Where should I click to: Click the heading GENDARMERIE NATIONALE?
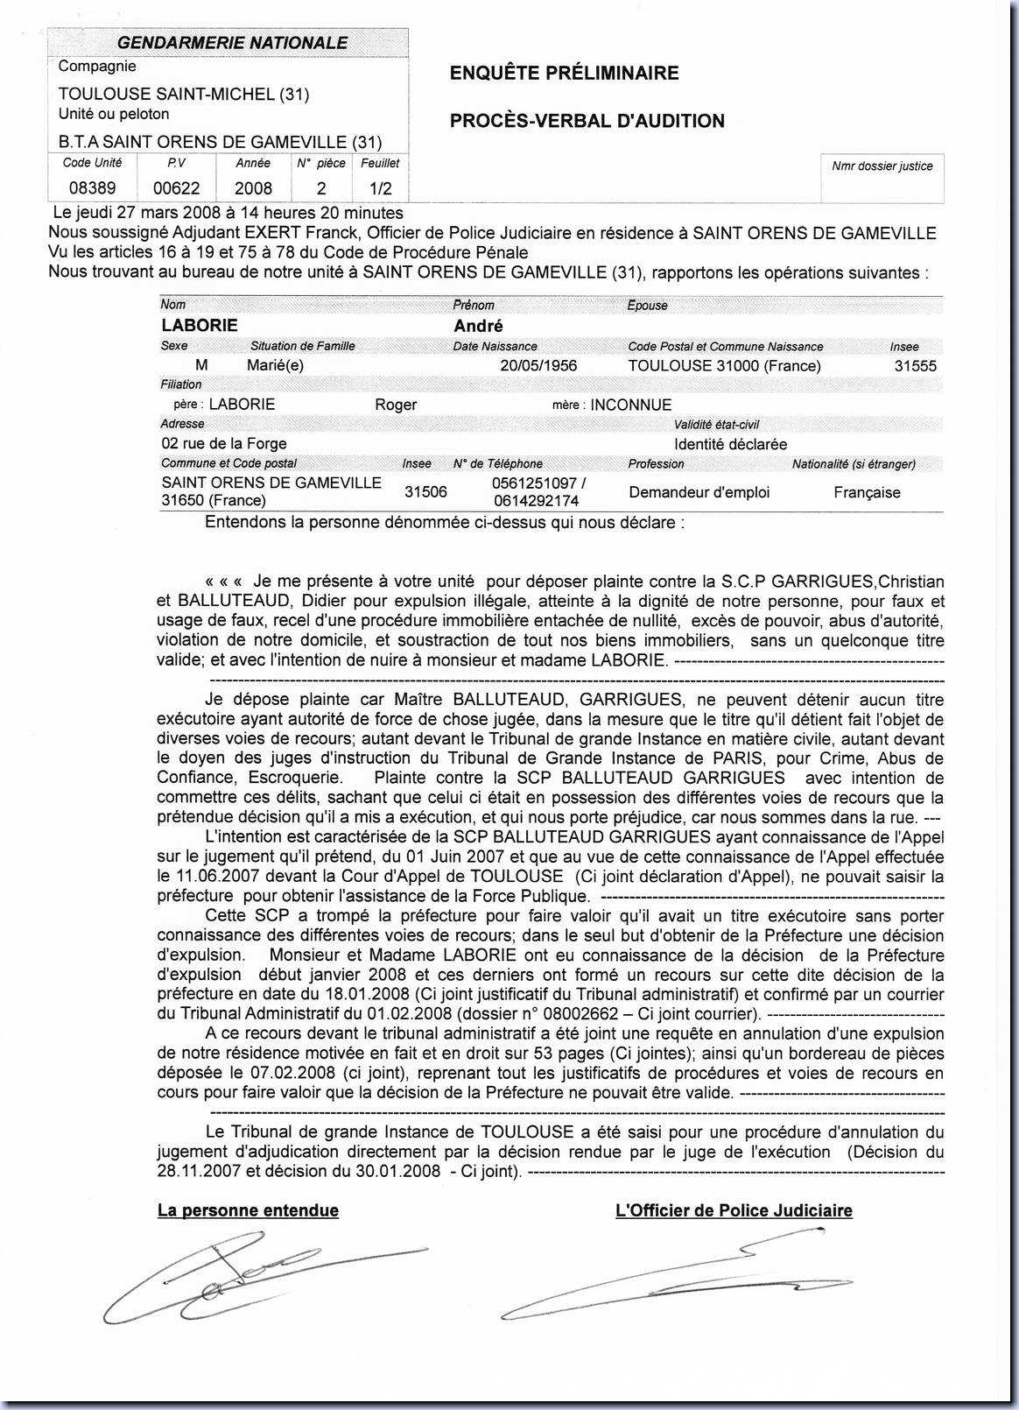[232, 43]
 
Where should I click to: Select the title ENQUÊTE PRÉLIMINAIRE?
[564, 74]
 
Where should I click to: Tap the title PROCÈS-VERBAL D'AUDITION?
[587, 121]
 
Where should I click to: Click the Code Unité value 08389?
[92, 188]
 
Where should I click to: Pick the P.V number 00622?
[177, 188]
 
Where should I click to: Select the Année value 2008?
[253, 188]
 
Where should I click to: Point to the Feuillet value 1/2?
[381, 188]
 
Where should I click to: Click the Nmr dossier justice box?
[882, 178]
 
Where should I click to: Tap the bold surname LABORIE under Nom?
[200, 326]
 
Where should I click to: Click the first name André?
[478, 326]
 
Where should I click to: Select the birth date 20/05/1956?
[538, 366]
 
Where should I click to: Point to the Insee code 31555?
[915, 366]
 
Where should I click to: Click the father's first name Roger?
[396, 405]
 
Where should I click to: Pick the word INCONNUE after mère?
[631, 405]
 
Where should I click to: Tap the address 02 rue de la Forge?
[224, 444]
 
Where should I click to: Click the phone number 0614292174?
[536, 501]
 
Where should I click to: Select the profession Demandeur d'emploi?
[699, 492]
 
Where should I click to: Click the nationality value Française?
[867, 492]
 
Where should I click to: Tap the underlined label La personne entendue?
[248, 1210]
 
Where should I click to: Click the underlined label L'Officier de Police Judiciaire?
[734, 1210]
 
